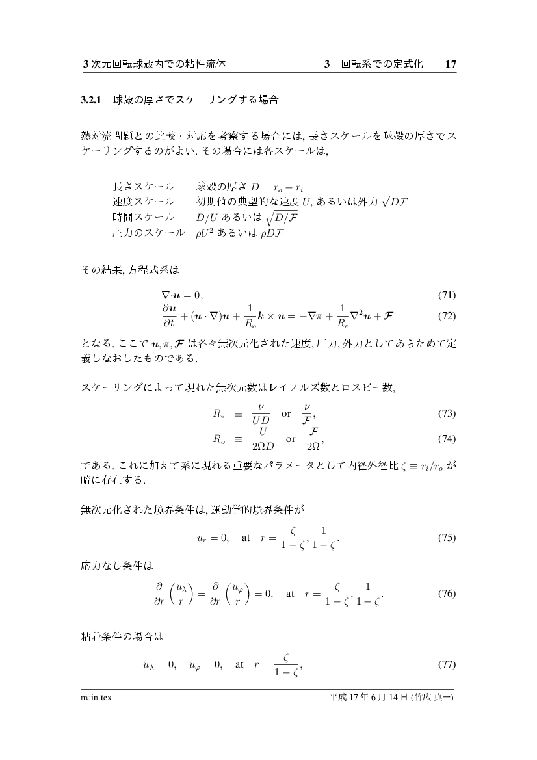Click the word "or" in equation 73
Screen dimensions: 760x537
point(286,413)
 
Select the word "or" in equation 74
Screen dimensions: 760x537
point(291,439)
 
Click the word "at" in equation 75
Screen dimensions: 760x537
point(246,538)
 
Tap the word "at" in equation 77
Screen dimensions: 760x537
point(240,664)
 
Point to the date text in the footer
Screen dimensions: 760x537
point(391,698)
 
